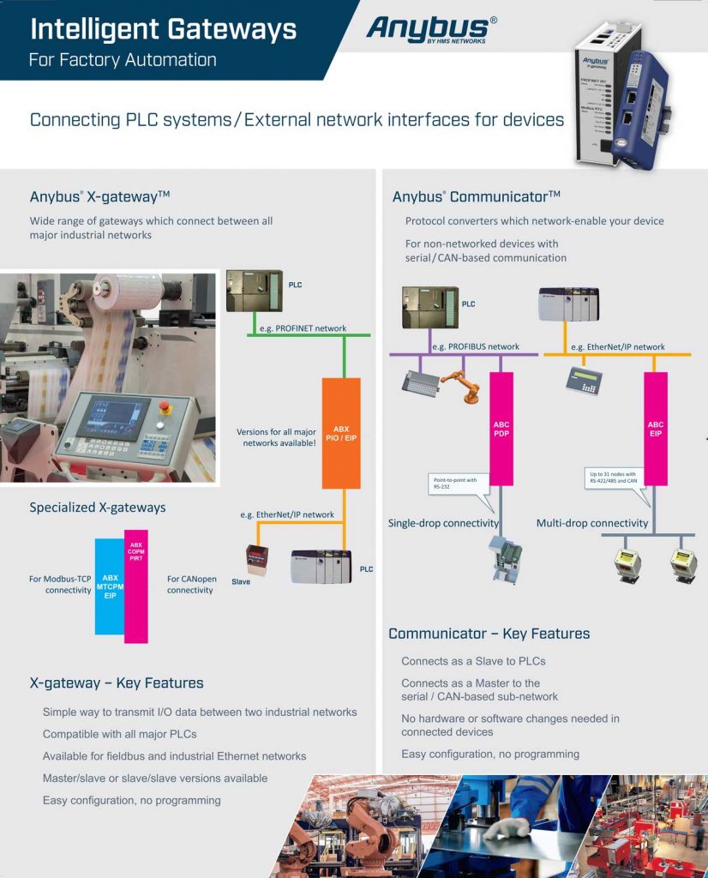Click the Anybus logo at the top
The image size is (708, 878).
pos(431,29)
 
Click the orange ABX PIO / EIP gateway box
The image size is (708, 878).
pos(341,433)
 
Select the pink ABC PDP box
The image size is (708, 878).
pos(501,429)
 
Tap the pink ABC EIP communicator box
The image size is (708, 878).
pos(656,429)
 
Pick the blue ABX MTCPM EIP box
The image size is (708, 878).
pos(110,586)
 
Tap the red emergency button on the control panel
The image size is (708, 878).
pos(165,408)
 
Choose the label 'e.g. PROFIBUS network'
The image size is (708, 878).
pos(476,346)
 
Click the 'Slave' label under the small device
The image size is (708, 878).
pos(241,581)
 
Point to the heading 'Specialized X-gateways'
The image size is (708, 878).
pos(98,508)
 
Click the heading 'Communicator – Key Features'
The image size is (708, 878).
pos(489,634)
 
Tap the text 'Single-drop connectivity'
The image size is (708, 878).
pos(443,523)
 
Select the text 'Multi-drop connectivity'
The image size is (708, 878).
pos(592,523)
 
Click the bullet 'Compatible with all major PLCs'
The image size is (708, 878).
pos(120,734)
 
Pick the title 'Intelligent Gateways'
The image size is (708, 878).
pos(163,30)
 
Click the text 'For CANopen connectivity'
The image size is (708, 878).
pos(191,585)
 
